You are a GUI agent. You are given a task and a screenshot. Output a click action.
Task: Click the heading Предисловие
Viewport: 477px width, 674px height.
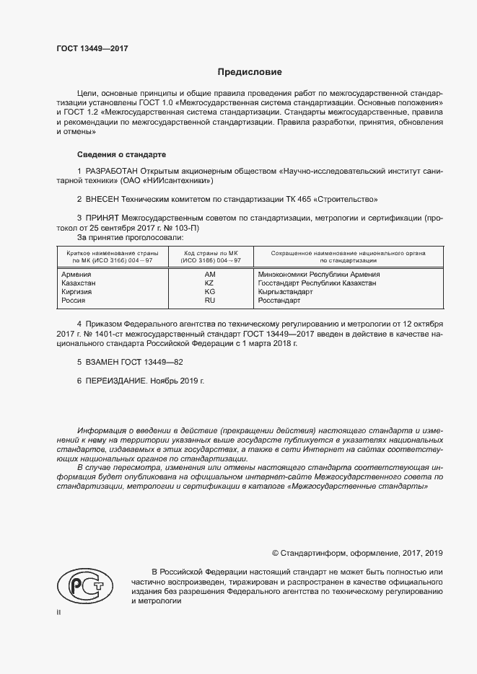tap(250, 72)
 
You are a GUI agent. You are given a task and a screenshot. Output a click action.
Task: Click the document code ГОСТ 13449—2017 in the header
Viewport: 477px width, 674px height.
tap(92, 48)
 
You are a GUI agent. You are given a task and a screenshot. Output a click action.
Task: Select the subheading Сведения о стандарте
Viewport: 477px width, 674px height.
tap(121, 155)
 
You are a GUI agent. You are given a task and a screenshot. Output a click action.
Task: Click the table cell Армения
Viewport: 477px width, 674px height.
tap(76, 275)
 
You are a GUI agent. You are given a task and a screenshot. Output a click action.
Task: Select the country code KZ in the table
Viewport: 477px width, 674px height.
tap(209, 283)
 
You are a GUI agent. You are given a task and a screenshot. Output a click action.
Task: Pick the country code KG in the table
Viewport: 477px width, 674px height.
tap(209, 292)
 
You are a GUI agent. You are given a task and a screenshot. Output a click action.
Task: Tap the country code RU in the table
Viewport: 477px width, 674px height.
tap(209, 301)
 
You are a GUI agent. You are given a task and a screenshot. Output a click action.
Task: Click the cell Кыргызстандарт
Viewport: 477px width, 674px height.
tap(285, 292)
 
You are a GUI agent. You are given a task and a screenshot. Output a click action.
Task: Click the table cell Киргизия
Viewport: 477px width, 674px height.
tap(79, 292)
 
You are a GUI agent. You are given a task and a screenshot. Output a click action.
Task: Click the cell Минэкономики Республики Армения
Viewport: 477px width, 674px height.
tap(318, 275)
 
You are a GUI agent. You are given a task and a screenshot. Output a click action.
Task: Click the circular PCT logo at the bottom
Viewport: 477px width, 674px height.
tap(79, 583)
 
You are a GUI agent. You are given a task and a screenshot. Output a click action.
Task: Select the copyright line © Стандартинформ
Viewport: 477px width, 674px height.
tap(356, 553)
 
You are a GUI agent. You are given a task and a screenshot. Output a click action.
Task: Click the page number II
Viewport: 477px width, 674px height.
tap(59, 612)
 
